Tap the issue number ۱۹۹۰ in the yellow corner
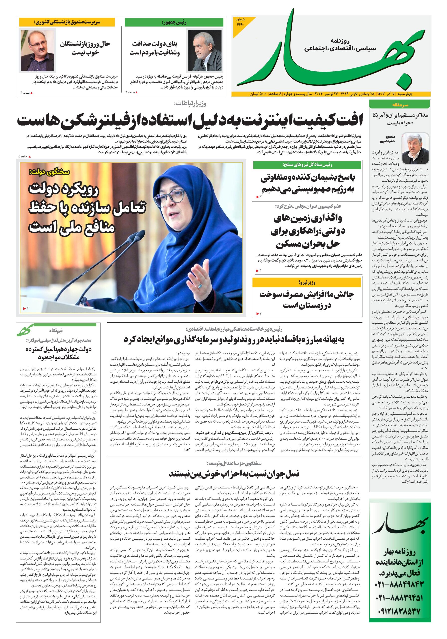pyautogui.click(x=240, y=22)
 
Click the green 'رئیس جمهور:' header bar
pyautogui.click(x=174, y=22)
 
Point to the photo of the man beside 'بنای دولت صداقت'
pyautogui.click(x=199, y=51)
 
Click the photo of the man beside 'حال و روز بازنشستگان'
pyautogui.click(x=37, y=51)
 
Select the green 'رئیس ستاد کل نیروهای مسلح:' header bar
pyautogui.click(x=307, y=165)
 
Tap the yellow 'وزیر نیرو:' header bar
pyautogui.click(x=307, y=283)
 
